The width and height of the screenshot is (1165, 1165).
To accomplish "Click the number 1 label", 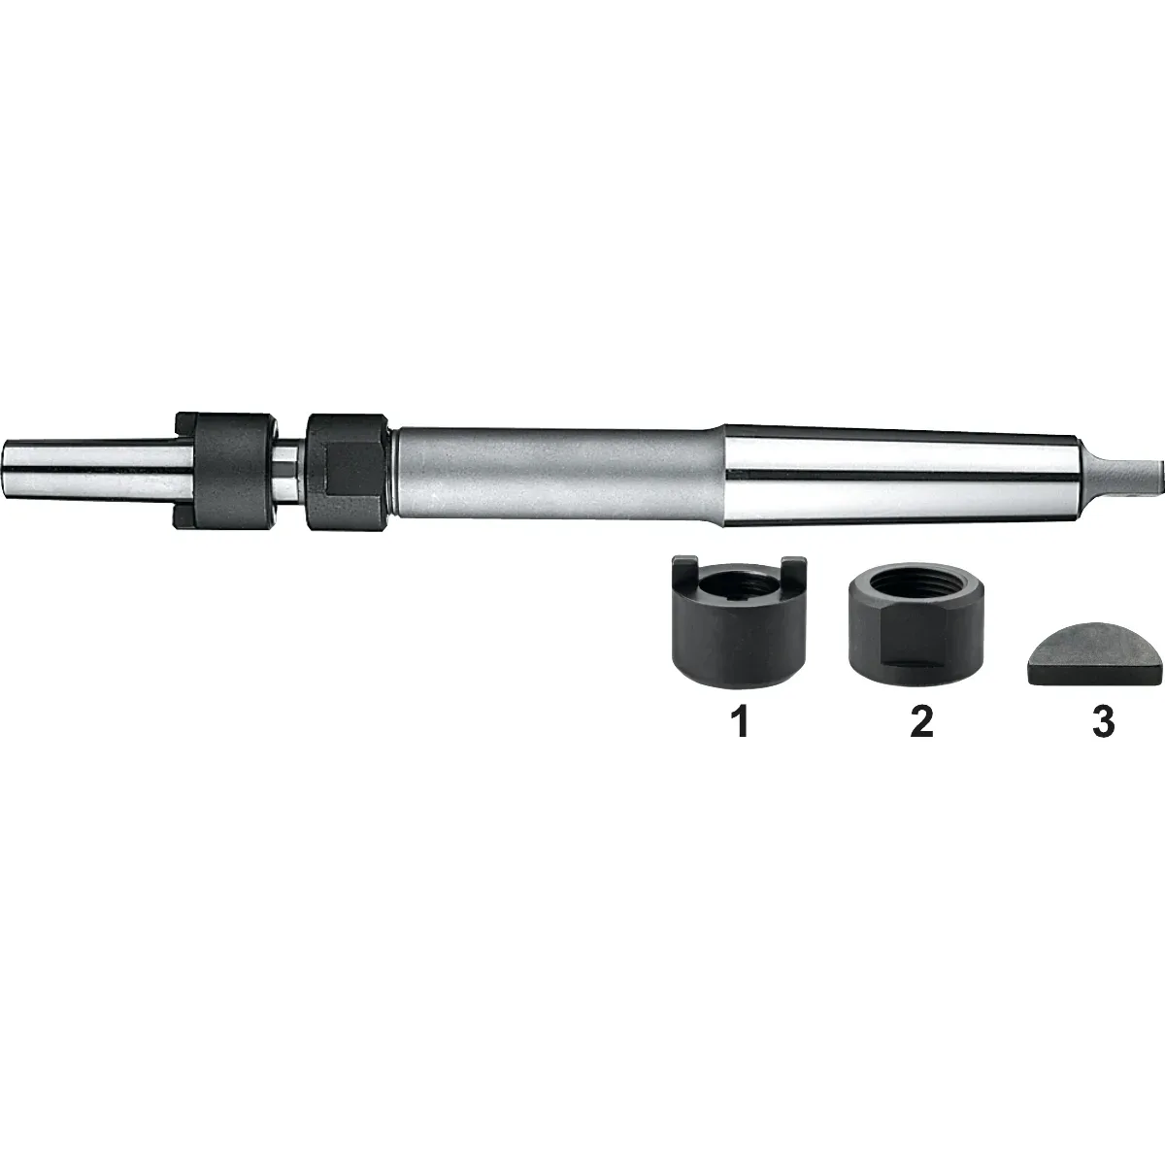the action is click(742, 722).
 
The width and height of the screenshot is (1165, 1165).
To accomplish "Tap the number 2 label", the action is click(921, 722).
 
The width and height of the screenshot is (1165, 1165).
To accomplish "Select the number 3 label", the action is click(1103, 722).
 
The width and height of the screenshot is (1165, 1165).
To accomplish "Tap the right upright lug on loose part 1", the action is click(794, 570).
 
